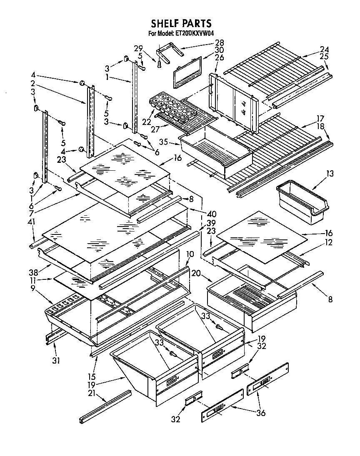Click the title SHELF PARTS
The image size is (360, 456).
tap(181, 23)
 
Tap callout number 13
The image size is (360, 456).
tap(330, 174)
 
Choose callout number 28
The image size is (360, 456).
tap(219, 42)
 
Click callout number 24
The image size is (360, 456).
tap(324, 48)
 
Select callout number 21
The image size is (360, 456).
tap(91, 393)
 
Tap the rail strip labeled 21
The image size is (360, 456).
tap(105, 405)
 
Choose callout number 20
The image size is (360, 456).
tap(196, 273)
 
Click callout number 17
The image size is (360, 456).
tap(320, 118)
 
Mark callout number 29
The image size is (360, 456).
tap(139, 48)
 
